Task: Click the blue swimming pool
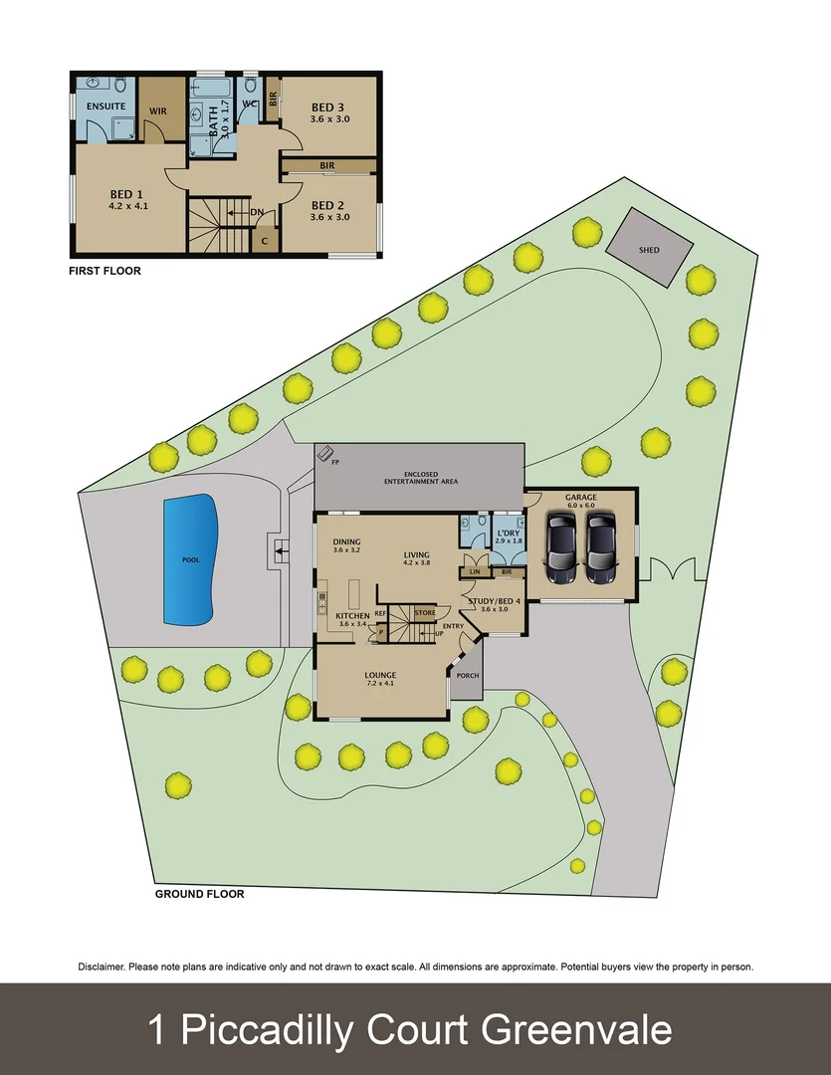(190, 559)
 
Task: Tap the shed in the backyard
(650, 249)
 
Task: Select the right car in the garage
(600, 552)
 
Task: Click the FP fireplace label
(335, 462)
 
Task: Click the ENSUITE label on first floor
(104, 106)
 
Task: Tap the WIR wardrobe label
(157, 110)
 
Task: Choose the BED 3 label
(329, 107)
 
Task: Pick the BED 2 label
(329, 205)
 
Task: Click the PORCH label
(468, 675)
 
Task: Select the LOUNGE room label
(380, 675)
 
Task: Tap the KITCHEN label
(352, 616)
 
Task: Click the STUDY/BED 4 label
(495, 600)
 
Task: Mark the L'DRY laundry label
(508, 533)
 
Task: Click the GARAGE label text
(580, 497)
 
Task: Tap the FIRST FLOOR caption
(104, 271)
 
